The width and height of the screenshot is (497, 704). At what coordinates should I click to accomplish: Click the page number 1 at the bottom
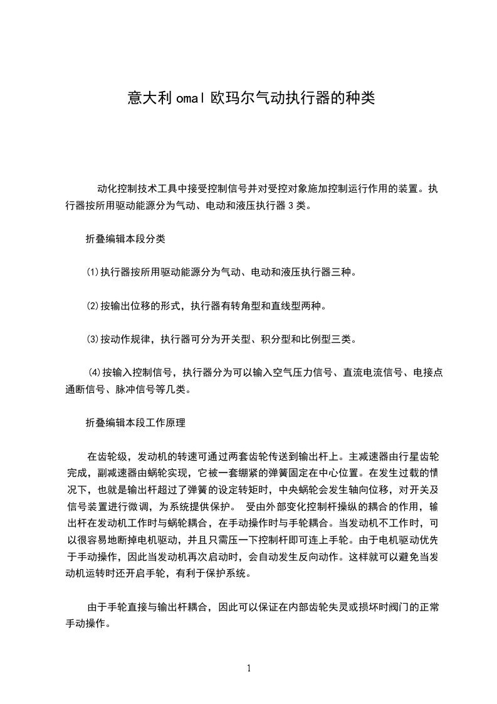(249, 668)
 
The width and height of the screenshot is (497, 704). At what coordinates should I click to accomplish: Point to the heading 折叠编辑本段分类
(125, 239)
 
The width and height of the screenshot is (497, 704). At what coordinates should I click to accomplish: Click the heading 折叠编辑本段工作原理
(135, 423)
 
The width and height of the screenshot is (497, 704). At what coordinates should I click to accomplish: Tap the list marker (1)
(93, 273)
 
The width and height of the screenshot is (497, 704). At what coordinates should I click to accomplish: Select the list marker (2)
(93, 307)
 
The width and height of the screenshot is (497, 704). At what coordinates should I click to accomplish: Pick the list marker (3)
(93, 341)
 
